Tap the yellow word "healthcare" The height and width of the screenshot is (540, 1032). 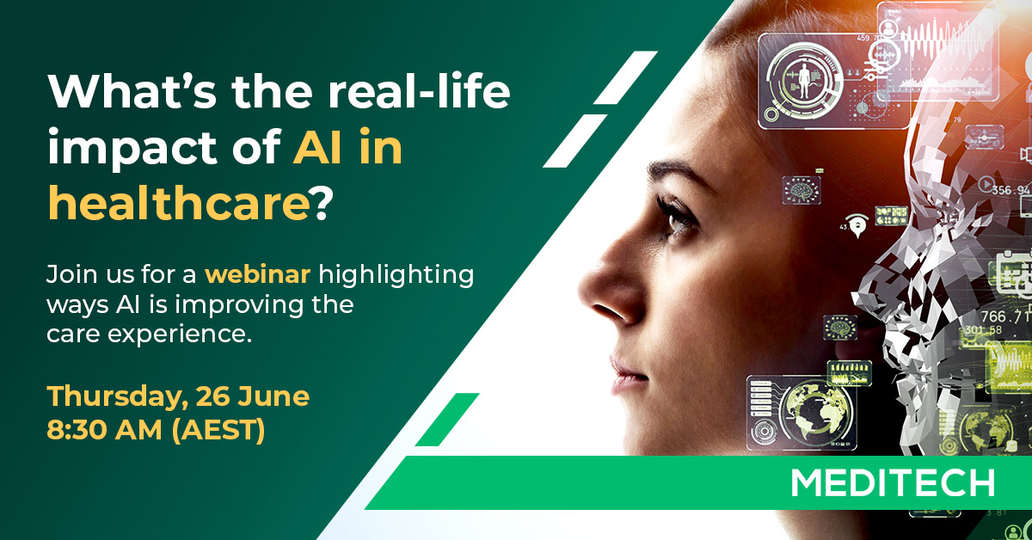click(177, 203)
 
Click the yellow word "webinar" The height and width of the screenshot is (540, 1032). click(261, 276)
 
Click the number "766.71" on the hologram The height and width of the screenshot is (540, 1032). click(1006, 317)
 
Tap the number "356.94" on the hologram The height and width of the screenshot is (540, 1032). click(1008, 190)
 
